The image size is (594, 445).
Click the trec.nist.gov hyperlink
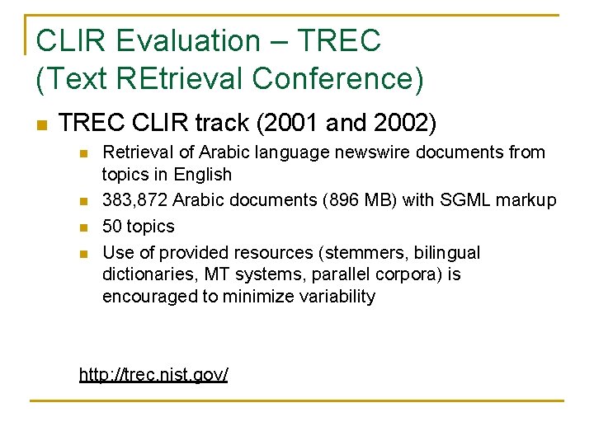click(153, 375)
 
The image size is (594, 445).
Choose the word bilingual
click(450, 252)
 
